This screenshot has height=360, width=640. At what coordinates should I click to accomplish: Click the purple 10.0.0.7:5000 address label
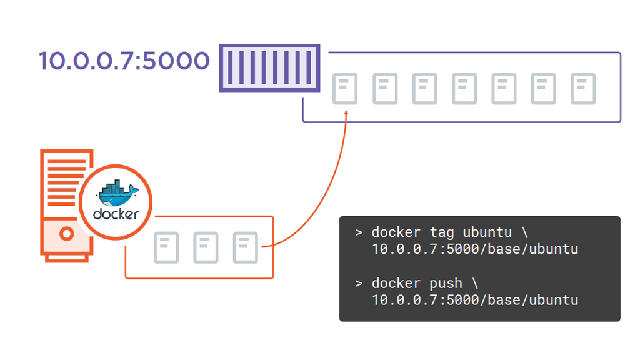pyautogui.click(x=124, y=61)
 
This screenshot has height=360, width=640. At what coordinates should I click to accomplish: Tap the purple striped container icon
pyautogui.click(x=269, y=68)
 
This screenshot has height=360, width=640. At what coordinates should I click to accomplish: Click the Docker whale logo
pyautogui.click(x=116, y=193)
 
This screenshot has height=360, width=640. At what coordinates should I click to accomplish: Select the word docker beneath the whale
pyautogui.click(x=116, y=214)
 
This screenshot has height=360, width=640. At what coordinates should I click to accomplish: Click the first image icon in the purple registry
pyautogui.click(x=345, y=89)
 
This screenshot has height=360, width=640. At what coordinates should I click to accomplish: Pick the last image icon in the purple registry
pyautogui.click(x=583, y=89)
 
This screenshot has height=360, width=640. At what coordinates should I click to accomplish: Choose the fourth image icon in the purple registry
pyautogui.click(x=464, y=89)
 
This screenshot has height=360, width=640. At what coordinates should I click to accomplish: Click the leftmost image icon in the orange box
pyautogui.click(x=166, y=247)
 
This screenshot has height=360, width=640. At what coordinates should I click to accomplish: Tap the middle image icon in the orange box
pyautogui.click(x=206, y=247)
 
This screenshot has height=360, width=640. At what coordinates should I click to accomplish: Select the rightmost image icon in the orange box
pyautogui.click(x=245, y=247)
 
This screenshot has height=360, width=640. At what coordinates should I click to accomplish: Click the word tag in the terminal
pyautogui.click(x=443, y=232)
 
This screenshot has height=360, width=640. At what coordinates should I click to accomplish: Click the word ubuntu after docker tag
pyautogui.click(x=487, y=232)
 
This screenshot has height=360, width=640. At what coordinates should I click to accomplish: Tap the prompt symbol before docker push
pyautogui.click(x=359, y=284)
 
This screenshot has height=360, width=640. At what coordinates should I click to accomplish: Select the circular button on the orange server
pyautogui.click(x=66, y=234)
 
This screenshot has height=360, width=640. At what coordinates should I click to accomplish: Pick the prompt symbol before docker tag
pyautogui.click(x=359, y=233)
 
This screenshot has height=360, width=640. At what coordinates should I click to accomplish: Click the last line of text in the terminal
pyautogui.click(x=475, y=300)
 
